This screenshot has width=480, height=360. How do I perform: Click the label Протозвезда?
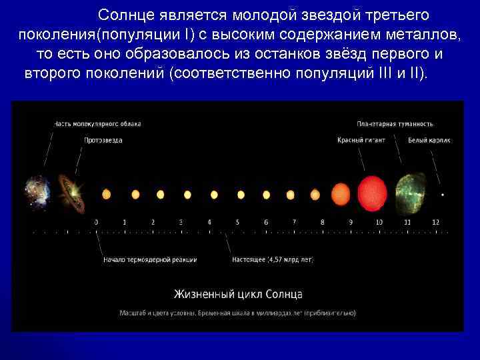pyautogui.click(x=103, y=141)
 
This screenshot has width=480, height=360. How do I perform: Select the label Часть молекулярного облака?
pyautogui.click(x=97, y=124)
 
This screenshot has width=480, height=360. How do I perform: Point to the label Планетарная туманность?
pyautogui.click(x=395, y=124)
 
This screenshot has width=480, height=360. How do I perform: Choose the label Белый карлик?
pyautogui.click(x=430, y=141)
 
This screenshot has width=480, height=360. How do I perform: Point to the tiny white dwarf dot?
pyautogui.click(x=443, y=195)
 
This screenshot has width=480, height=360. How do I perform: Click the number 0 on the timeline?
pyautogui.click(x=96, y=222)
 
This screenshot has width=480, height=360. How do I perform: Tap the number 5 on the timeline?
pyautogui.click(x=237, y=222)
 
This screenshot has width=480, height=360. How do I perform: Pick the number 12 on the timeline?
pyautogui.click(x=435, y=222)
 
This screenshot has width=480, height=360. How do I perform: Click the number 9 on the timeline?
pyautogui.click(x=351, y=222)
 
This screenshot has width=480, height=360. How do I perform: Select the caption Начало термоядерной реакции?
pyautogui.click(x=150, y=259)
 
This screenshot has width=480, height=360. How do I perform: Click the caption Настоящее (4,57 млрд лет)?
pyautogui.click(x=272, y=259)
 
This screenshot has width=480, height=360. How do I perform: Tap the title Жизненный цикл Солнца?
pyautogui.click(x=238, y=294)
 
